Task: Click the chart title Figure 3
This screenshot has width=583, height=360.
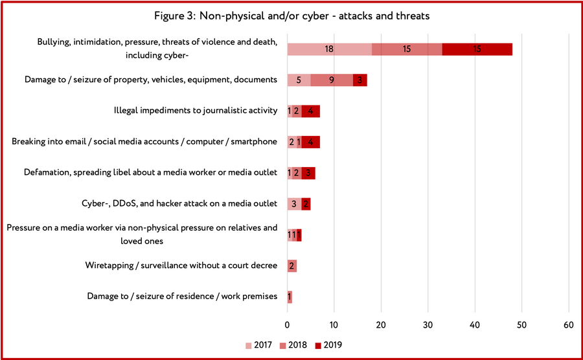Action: [x=291, y=16]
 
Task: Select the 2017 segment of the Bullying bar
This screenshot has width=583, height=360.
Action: [x=329, y=49]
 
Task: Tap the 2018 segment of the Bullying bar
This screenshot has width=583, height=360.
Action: [x=407, y=49]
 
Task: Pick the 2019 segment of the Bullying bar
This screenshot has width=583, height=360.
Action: [x=477, y=49]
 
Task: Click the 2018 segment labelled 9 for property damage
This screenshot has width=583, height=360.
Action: [x=332, y=80]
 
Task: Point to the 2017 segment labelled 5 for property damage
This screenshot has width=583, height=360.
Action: [x=299, y=80]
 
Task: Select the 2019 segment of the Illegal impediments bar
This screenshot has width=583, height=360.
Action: [x=310, y=111]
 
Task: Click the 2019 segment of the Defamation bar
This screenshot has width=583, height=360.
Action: [x=308, y=172]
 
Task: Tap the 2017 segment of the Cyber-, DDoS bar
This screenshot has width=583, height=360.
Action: [x=294, y=204]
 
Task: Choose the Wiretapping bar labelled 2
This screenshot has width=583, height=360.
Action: [x=291, y=265]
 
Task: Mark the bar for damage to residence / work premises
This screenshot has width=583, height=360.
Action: [x=290, y=297]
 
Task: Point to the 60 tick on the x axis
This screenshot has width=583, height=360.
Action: [x=569, y=324]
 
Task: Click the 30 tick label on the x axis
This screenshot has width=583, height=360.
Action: [x=428, y=324]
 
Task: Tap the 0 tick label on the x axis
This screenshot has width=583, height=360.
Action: [x=288, y=324]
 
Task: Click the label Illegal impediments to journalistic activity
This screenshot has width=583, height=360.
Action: [x=196, y=111]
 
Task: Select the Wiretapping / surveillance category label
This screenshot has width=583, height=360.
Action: [x=181, y=265]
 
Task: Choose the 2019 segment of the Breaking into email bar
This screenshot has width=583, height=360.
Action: [x=310, y=142]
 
